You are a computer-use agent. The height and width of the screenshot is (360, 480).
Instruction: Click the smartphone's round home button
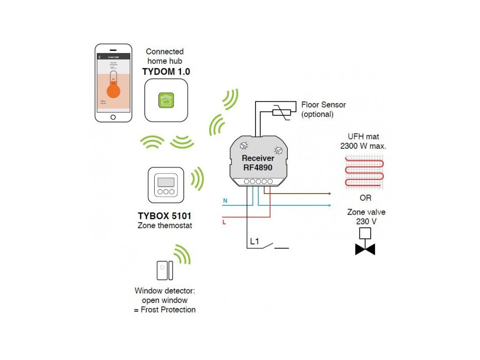pos(113,117)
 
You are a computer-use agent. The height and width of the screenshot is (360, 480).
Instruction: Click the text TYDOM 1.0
pos(166,72)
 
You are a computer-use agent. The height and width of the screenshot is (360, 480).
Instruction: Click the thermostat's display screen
pos(166,182)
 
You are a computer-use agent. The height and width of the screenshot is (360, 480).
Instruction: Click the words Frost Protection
pos(168,310)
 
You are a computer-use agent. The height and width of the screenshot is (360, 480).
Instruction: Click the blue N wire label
pos(225,201)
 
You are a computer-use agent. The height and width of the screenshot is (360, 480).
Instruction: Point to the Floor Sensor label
pos(323,105)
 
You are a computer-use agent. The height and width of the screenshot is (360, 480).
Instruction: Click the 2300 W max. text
pos(363,146)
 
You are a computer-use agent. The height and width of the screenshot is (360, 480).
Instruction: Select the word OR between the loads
pos(366,198)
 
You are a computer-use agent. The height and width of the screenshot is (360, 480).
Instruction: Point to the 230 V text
pos(366,221)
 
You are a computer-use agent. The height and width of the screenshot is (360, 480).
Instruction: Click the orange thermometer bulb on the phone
pos(112,90)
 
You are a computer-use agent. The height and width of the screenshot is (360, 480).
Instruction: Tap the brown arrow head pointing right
pos(330,193)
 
